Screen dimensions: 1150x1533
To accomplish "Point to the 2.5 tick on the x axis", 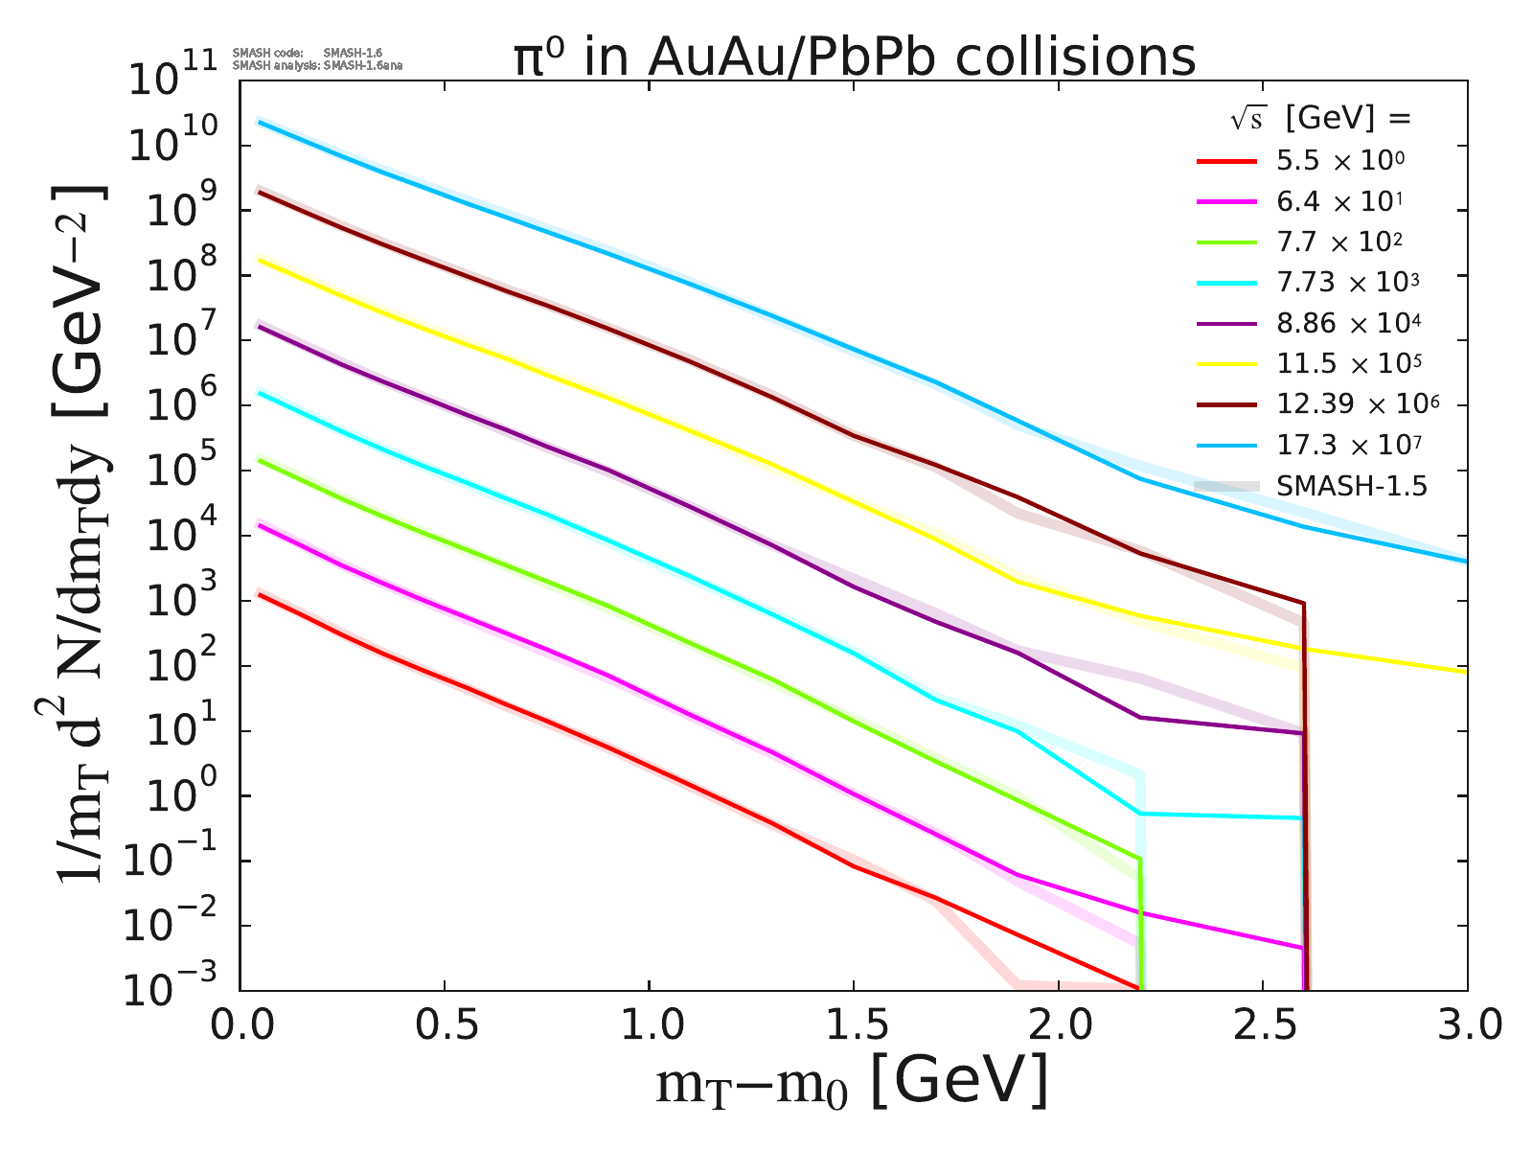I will [x=1263, y=1027].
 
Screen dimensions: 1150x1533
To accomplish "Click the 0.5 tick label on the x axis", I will [x=445, y=1027].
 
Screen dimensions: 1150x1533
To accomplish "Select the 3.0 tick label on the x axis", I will [x=1466, y=1027].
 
